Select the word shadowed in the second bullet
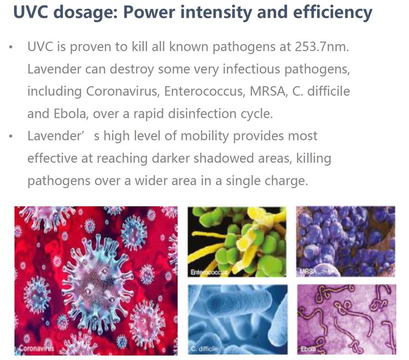point(224,159)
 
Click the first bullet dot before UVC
point(11,47)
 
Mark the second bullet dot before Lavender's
point(11,136)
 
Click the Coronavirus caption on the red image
point(37,348)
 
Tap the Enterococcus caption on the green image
point(209,273)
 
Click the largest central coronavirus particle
point(98,281)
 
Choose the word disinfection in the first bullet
point(202,114)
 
